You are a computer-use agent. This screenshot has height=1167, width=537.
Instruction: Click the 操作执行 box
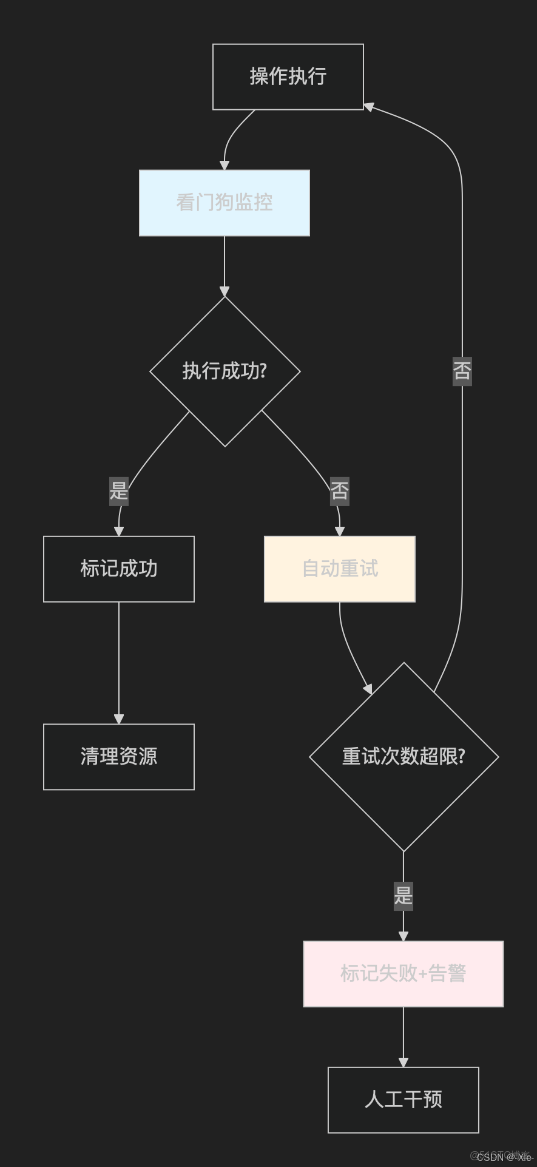click(288, 76)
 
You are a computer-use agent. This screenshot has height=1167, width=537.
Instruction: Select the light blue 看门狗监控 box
click(224, 203)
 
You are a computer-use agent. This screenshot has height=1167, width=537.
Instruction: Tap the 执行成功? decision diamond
click(225, 371)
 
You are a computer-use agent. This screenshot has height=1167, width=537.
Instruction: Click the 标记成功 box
click(119, 569)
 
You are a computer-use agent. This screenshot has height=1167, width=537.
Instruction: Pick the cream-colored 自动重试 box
click(339, 569)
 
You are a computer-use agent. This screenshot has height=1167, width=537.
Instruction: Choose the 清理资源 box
click(119, 756)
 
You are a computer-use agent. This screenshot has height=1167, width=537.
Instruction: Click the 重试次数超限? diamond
click(404, 756)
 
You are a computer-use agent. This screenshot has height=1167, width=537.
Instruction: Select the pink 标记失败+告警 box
click(403, 973)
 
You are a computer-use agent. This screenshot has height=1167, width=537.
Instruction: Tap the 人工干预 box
click(403, 1100)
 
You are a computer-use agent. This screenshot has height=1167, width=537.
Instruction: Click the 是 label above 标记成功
click(119, 491)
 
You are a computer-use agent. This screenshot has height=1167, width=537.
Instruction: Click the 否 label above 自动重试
click(339, 491)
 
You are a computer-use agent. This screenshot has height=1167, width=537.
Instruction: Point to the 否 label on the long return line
click(462, 371)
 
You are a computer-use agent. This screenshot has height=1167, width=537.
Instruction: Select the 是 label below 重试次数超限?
click(404, 896)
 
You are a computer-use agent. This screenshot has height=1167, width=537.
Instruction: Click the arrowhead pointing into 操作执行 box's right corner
click(368, 106)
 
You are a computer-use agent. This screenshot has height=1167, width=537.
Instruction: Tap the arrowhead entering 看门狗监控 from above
click(225, 165)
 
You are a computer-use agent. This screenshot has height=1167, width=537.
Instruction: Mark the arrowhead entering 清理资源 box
click(119, 719)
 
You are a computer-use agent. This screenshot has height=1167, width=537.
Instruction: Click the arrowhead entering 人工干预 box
click(403, 1062)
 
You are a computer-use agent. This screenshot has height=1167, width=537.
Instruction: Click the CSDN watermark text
click(504, 1157)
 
